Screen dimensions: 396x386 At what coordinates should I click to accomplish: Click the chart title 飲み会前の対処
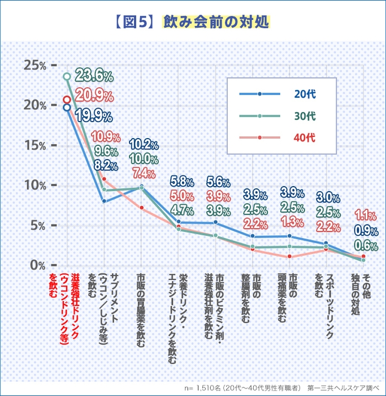[217, 21]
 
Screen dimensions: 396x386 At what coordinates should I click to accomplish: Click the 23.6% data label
[94, 75]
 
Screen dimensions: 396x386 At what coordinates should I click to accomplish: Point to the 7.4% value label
[144, 172]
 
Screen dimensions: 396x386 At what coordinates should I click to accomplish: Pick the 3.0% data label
[328, 197]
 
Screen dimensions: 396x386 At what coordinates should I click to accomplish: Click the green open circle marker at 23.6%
[67, 76]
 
